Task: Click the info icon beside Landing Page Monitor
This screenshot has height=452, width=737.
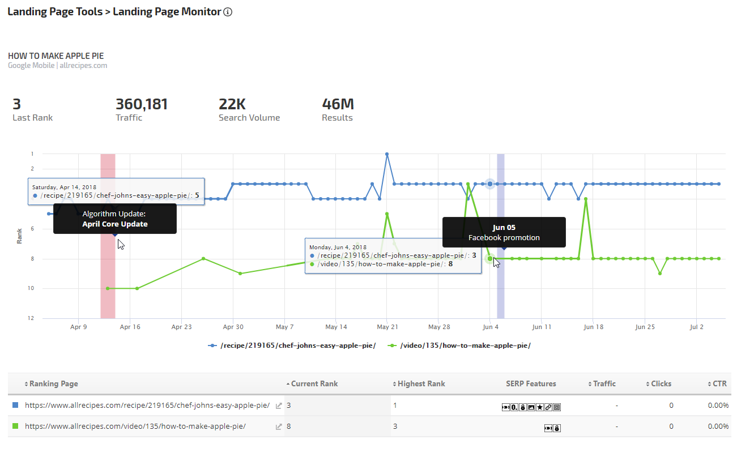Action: (228, 12)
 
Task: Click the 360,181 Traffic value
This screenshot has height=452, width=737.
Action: (142, 104)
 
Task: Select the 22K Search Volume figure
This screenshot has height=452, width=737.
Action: (232, 104)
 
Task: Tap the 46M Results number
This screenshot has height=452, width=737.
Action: (338, 104)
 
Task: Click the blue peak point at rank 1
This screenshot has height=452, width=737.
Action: (387, 154)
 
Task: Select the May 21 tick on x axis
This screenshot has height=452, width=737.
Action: (387, 327)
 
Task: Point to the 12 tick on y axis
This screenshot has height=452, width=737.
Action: (32, 318)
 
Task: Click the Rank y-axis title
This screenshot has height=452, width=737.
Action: (20, 236)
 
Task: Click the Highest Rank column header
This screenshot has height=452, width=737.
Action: (421, 383)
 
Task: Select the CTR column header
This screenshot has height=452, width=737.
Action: (719, 383)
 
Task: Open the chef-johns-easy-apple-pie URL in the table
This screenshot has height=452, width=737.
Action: (147, 406)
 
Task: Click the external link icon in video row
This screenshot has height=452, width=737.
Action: (279, 427)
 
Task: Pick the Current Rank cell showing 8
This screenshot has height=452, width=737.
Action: (289, 427)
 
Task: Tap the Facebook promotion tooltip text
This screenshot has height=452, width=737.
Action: (504, 238)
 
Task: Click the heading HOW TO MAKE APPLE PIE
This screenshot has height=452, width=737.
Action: (56, 56)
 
